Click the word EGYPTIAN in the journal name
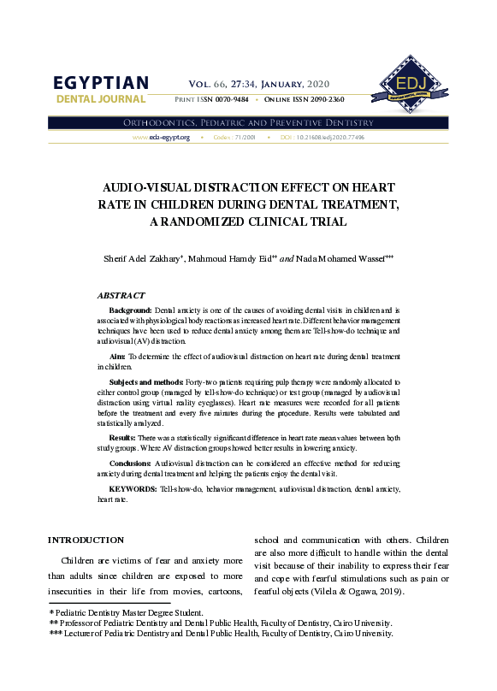(x=101, y=83)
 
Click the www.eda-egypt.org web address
(x=161, y=137)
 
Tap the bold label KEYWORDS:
(x=133, y=487)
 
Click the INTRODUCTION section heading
(x=86, y=540)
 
